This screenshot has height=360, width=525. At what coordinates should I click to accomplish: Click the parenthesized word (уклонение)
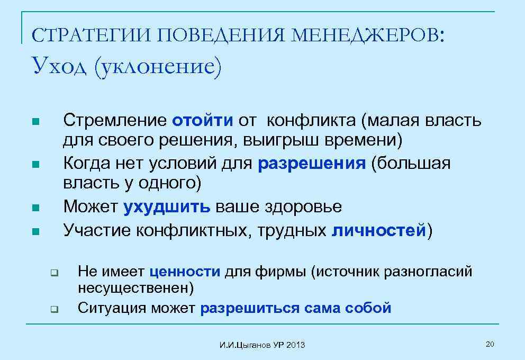coord(156,67)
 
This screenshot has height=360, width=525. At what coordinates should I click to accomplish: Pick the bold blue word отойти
coord(202,121)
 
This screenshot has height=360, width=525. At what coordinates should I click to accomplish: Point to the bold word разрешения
coord(312,164)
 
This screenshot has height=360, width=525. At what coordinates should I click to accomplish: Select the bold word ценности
coord(185,272)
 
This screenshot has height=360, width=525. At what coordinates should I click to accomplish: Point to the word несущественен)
coord(135,289)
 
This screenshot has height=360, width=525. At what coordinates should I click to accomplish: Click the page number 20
coord(490,345)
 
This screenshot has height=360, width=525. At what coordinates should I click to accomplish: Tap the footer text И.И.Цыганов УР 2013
coord(262,345)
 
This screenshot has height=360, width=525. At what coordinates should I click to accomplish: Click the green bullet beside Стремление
coord(35,122)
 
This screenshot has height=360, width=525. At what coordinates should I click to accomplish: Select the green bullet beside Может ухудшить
coord(35,208)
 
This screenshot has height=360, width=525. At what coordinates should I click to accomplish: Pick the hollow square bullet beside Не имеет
coord(53,273)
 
